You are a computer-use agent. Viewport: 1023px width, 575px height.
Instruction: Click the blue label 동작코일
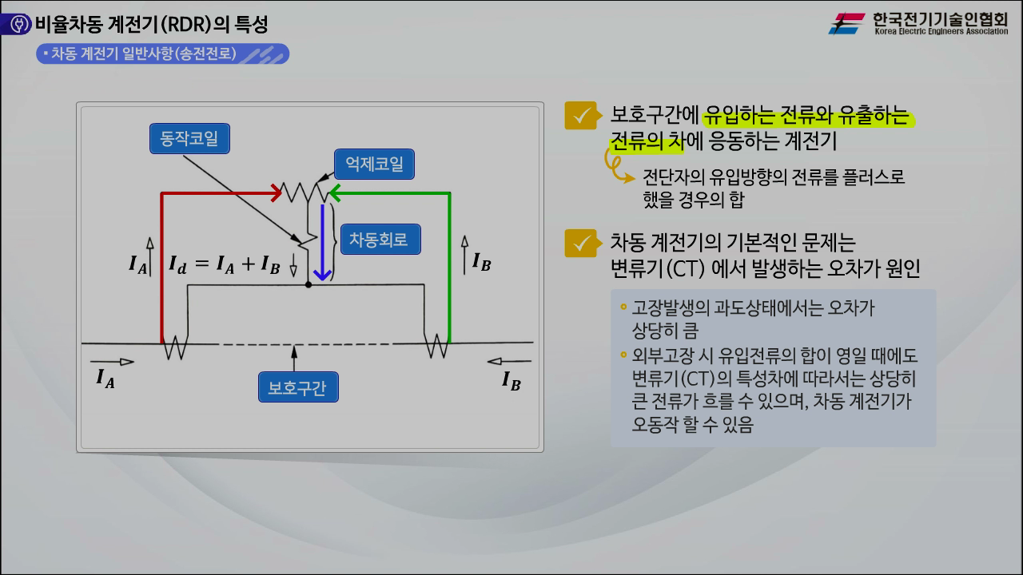[x=189, y=138]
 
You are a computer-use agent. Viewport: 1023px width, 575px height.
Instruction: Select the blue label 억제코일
[x=374, y=164]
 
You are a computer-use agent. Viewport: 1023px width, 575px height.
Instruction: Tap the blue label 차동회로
[x=380, y=239]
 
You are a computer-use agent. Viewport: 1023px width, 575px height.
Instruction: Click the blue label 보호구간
[x=298, y=387]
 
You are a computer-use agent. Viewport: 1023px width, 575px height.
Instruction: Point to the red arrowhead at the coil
[x=277, y=193]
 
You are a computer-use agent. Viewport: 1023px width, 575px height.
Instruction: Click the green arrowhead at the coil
[x=335, y=193]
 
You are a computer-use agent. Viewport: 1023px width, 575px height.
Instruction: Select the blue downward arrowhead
[x=322, y=276]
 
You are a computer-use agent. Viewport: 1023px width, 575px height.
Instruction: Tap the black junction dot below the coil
[x=308, y=285]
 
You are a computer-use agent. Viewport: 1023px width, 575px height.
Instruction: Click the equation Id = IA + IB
[x=225, y=264]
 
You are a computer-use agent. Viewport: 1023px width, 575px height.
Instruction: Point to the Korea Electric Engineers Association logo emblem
[x=847, y=23]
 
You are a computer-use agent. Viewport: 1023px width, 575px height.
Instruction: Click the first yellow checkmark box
[x=581, y=116]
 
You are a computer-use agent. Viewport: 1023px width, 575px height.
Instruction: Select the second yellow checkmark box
[x=581, y=244]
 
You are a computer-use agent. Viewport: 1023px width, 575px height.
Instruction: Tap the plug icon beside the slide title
[x=19, y=24]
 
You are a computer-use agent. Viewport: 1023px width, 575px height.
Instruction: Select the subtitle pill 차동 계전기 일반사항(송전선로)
[x=162, y=54]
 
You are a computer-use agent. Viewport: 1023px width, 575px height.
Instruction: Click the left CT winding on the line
[x=175, y=347]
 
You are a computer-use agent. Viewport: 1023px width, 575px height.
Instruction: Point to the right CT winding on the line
[x=436, y=346]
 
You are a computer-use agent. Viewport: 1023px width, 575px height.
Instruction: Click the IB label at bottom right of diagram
[x=511, y=381]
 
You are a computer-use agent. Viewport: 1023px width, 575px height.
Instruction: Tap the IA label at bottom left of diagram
[x=105, y=379]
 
